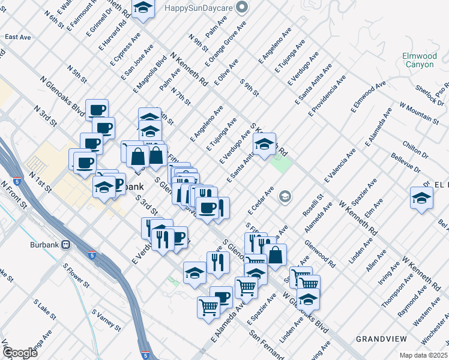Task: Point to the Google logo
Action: tap(20, 353)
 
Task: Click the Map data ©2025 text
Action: tap(423, 355)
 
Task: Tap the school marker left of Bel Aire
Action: tap(422, 198)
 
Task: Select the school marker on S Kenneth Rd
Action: tap(264, 144)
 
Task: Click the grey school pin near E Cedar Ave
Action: tap(285, 196)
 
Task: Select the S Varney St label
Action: tap(106, 319)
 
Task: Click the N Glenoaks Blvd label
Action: tap(62, 95)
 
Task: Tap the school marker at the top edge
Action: tap(142, 8)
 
